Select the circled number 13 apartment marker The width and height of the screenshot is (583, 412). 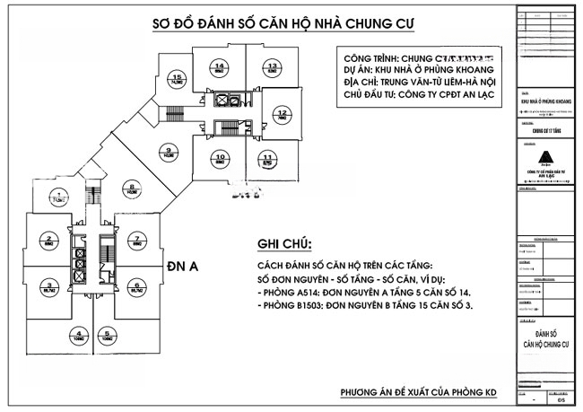(270, 66)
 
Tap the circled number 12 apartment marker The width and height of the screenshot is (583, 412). (282, 114)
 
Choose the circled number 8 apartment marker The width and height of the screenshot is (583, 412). (132, 187)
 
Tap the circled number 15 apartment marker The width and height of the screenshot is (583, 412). (178, 78)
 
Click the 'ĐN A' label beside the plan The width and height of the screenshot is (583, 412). (182, 266)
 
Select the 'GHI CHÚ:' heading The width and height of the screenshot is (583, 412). (284, 244)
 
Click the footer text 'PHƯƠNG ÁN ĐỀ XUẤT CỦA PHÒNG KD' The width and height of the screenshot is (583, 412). (419, 393)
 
